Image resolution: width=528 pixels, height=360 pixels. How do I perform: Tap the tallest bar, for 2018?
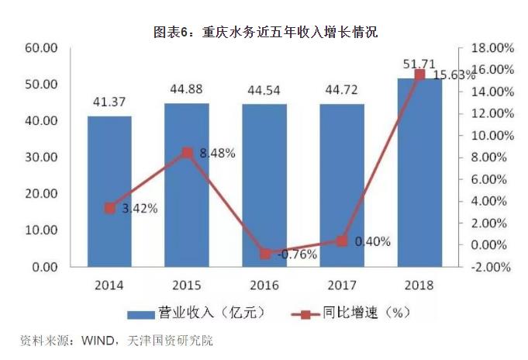pos(419,172)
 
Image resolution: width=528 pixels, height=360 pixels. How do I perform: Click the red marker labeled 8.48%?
pos(187,152)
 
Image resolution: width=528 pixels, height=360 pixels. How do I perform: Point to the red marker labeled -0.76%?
pos(264,254)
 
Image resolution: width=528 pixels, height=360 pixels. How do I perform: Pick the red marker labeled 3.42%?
pos(109,208)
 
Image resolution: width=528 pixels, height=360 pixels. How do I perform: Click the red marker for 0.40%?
pos(342,241)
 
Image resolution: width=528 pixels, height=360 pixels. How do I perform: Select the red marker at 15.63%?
pos(419,74)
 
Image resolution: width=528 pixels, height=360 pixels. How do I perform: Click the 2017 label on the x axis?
pos(342,284)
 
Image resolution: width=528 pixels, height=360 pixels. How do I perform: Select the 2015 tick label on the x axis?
pos(187,284)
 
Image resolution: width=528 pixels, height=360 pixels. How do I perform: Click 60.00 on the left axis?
pos(43,48)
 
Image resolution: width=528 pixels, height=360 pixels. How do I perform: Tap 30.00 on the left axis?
pos(43,157)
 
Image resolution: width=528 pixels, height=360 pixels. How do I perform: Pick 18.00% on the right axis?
pos(492,48)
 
